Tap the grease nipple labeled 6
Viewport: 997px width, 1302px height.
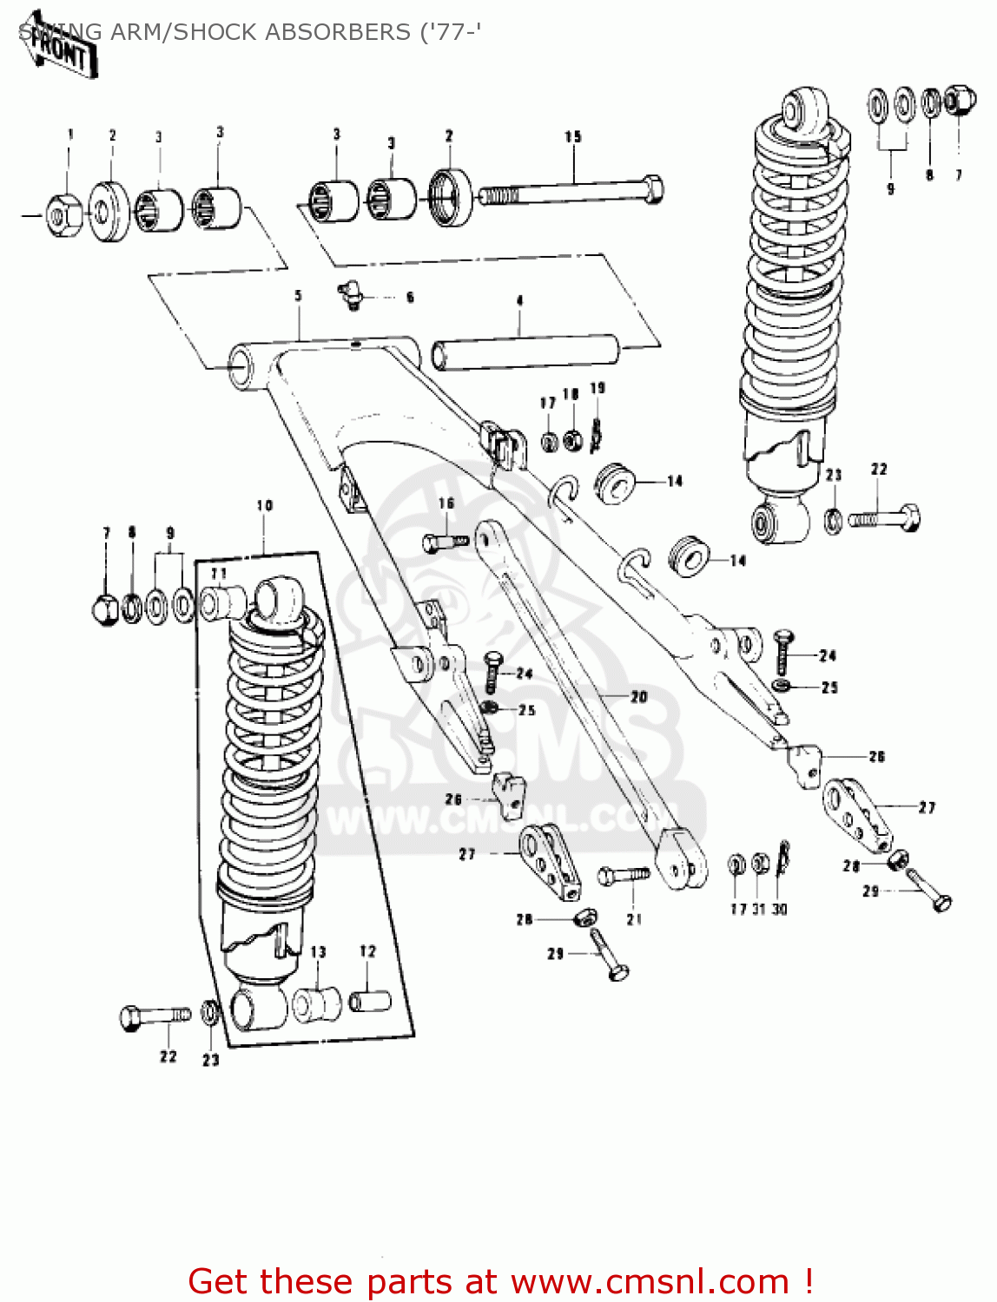[350, 295]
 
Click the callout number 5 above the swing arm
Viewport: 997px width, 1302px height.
[298, 297]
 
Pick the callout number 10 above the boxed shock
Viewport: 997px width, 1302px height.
[265, 505]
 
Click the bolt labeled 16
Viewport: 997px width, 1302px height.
[444, 542]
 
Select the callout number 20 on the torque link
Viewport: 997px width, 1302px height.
[639, 697]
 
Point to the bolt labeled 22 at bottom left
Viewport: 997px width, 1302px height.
[154, 1016]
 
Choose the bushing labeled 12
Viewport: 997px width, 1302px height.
[370, 1001]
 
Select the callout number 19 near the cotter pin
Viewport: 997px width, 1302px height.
[598, 388]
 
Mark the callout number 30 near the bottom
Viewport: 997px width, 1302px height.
[780, 909]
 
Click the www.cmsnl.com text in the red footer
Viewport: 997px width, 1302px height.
[650, 1282]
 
